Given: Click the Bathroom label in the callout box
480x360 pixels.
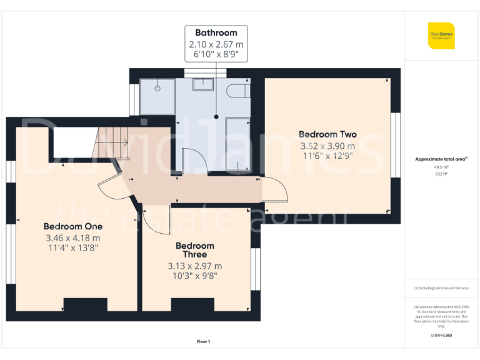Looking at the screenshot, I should [x=216, y=32].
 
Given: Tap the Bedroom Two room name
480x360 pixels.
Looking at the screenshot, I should [x=327, y=134].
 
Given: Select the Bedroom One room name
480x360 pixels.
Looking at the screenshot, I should [x=72, y=226].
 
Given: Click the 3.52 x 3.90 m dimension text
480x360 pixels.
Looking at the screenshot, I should [x=327, y=145].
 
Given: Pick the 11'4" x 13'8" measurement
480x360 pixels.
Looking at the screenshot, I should [x=72, y=248].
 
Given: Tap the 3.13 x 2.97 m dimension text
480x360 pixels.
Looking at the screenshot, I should [x=194, y=265].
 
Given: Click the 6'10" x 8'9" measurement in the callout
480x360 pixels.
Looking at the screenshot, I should [x=216, y=55].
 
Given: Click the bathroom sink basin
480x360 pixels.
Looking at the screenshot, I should [x=204, y=86].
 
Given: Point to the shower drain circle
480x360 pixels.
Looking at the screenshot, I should [x=157, y=88].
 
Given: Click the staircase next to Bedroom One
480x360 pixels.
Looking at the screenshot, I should [x=111, y=142].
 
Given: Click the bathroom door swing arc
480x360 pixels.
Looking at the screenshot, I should [x=195, y=161].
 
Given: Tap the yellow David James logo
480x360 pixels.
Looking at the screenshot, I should [x=441, y=36].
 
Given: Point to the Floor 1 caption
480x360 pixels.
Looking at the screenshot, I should [x=203, y=341].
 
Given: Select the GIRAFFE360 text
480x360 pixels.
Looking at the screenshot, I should [x=441, y=336].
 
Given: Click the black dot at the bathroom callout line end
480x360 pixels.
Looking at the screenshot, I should [x=216, y=117].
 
